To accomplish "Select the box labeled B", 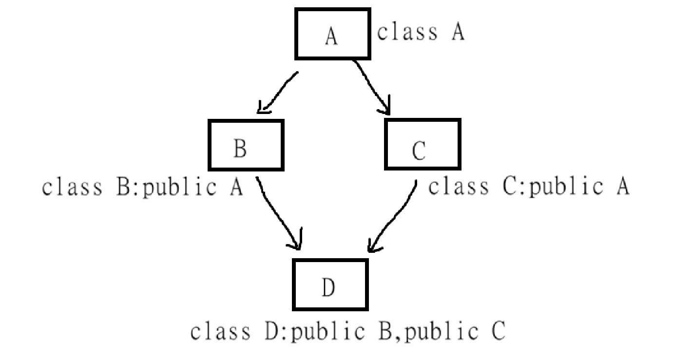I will click(x=246, y=145).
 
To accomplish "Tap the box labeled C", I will click(x=422, y=145).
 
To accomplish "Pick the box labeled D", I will click(x=330, y=285).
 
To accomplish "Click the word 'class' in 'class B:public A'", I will click(x=72, y=188).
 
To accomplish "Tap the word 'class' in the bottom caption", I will click(x=220, y=331).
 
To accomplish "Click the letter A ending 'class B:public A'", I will click(x=235, y=188).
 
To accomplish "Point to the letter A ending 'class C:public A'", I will click(x=621, y=187).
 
